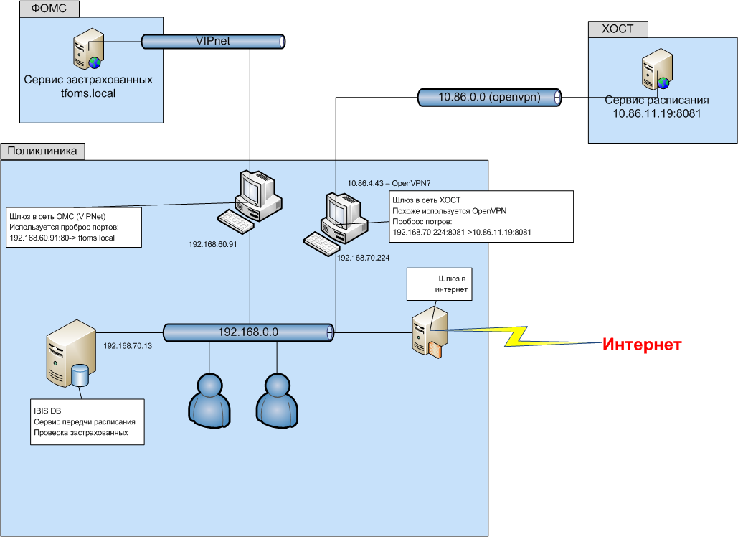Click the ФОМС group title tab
tap(48, 10)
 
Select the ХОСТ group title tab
tap(618, 29)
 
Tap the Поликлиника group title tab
tap(44, 151)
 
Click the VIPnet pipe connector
tap(213, 42)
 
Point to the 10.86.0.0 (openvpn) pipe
tap(488, 97)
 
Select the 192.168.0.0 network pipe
tap(248, 332)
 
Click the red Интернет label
tap(641, 345)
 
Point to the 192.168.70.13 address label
tap(128, 346)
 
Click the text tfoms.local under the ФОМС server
tap(87, 93)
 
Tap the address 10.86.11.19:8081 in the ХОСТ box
tap(656, 113)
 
